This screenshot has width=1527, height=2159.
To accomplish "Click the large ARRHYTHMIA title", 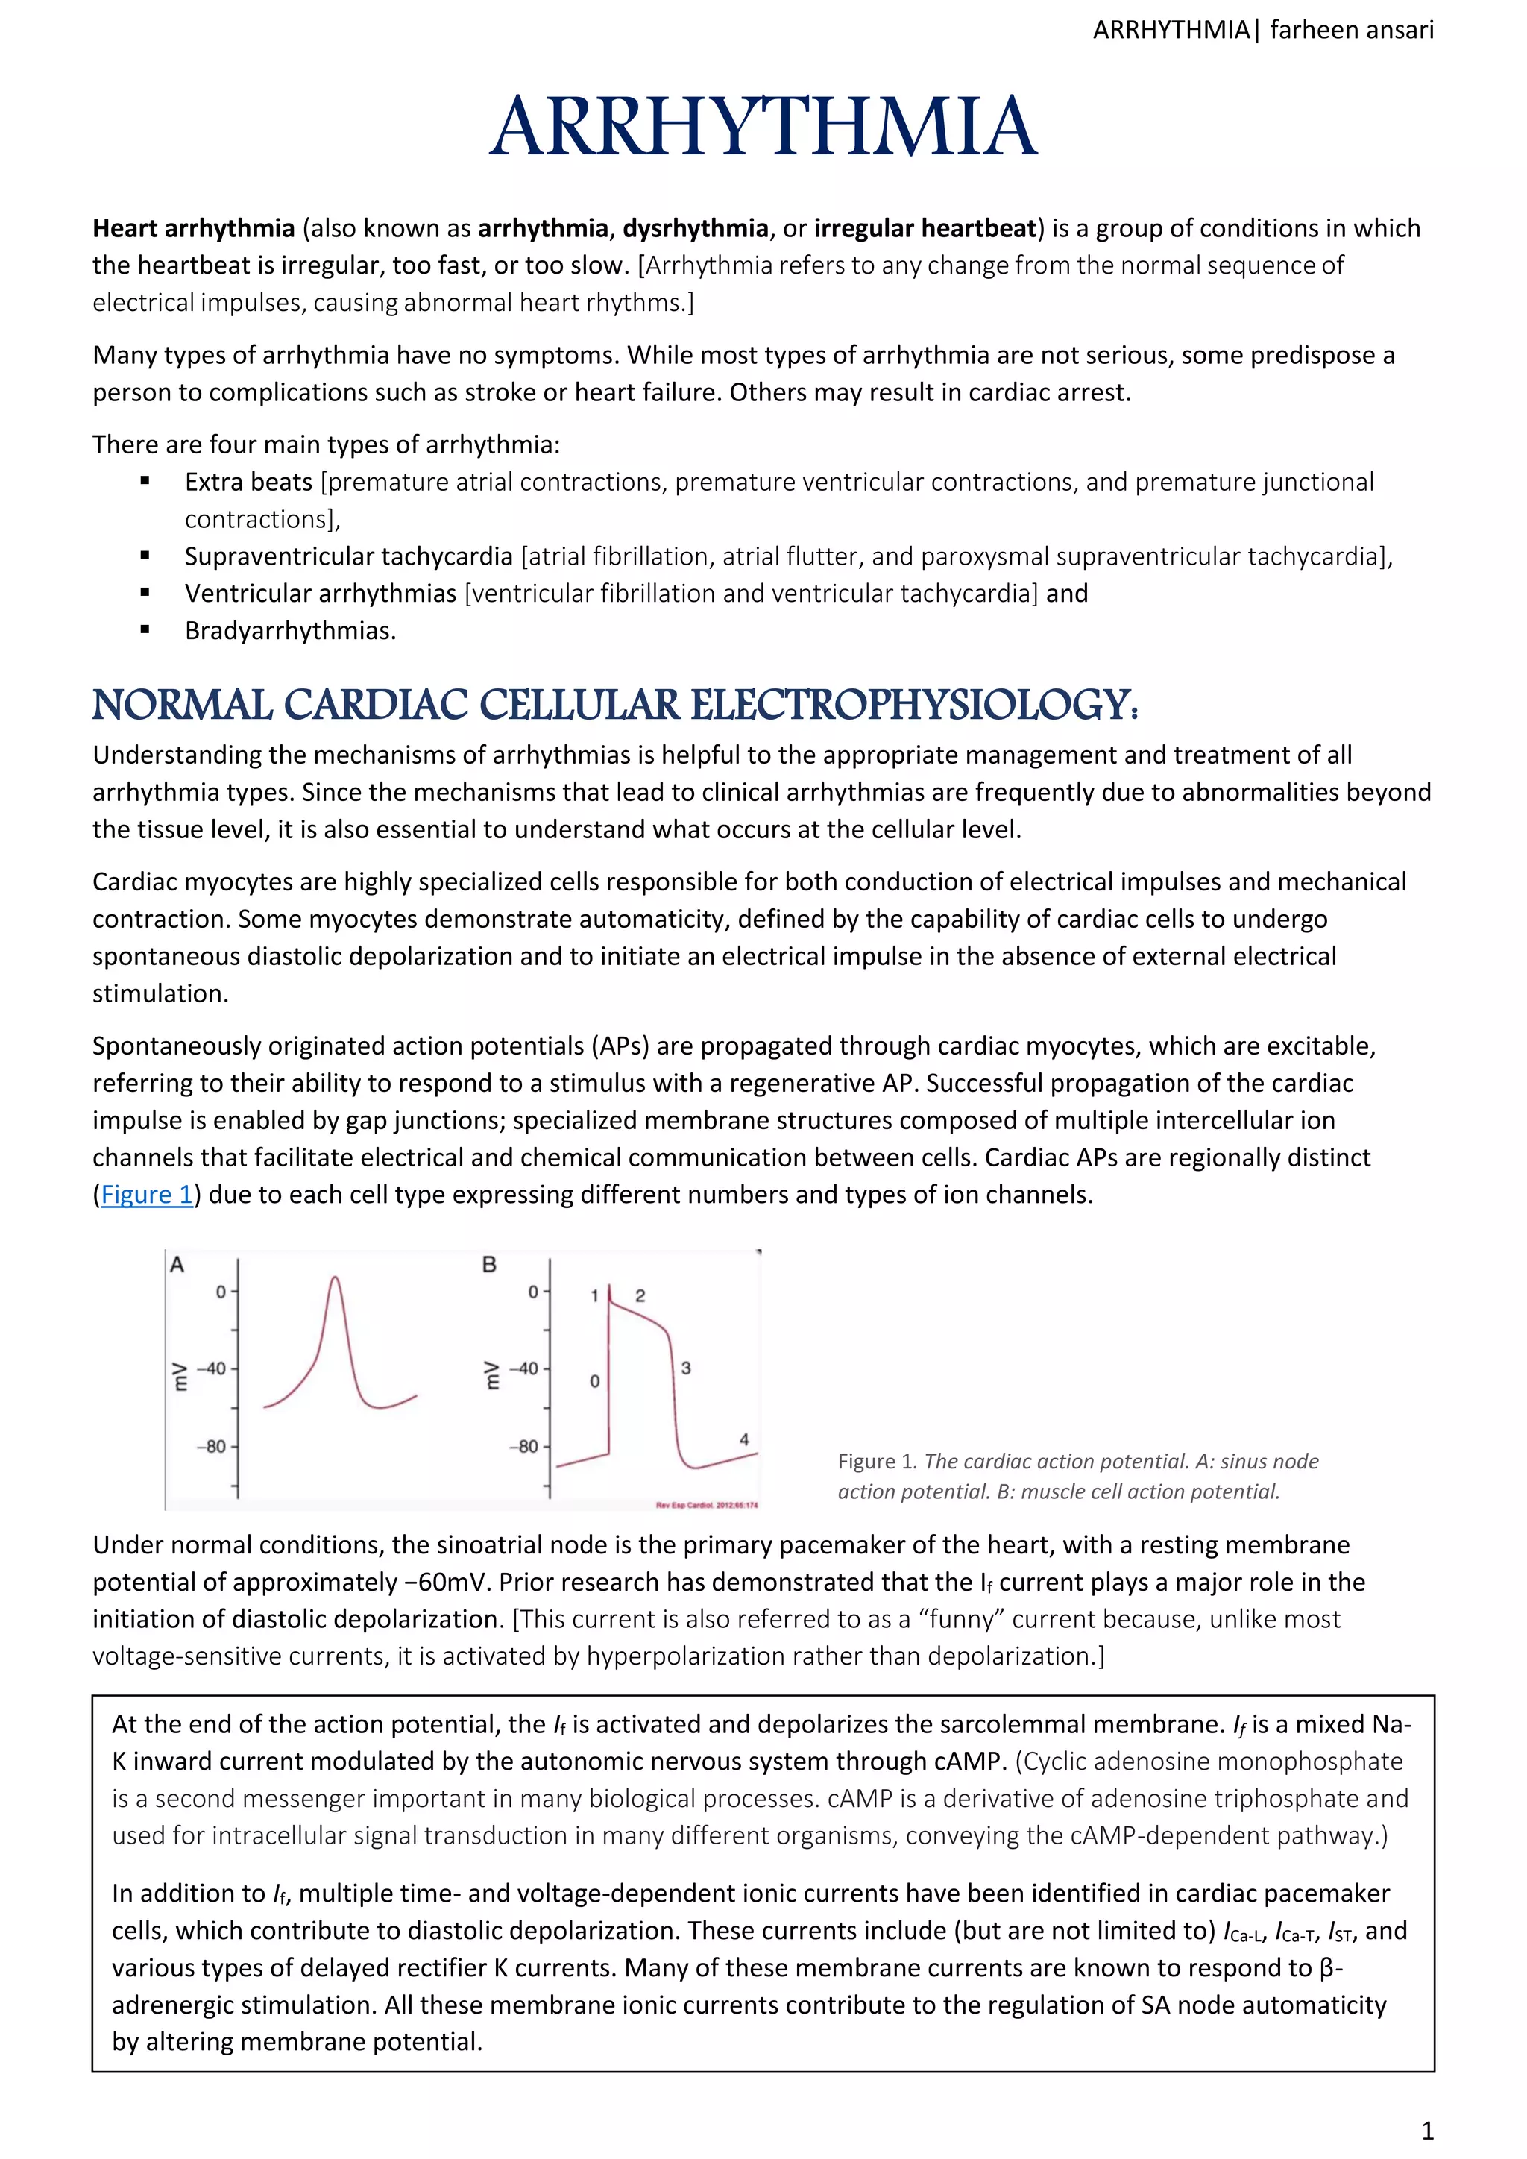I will (x=763, y=127).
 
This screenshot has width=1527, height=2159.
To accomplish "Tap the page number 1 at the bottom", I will (x=1426, y=2131).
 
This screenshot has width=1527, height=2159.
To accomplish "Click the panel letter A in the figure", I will (x=177, y=1265).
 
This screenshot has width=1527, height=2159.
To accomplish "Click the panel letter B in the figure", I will (x=489, y=1265).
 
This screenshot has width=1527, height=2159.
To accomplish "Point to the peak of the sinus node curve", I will (x=335, y=1278).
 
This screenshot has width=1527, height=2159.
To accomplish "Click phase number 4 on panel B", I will (x=744, y=1439).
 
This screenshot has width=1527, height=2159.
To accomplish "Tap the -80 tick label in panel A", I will (x=212, y=1446).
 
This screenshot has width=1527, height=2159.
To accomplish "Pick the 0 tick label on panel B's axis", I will (x=533, y=1292).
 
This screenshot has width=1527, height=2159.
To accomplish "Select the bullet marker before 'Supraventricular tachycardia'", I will (x=145, y=556).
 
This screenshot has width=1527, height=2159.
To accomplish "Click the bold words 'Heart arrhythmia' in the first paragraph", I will (x=194, y=228).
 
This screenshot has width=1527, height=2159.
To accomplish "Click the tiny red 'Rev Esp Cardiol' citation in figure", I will (x=706, y=1504).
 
